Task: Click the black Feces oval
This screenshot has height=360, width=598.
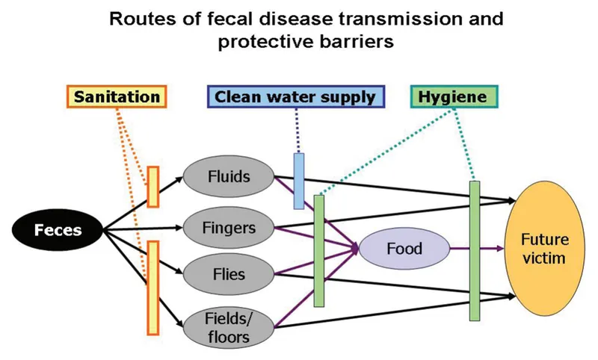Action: click(58, 229)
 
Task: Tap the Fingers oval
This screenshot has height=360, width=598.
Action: click(229, 226)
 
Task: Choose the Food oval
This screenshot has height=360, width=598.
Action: click(404, 249)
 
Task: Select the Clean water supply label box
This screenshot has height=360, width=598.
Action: click(296, 97)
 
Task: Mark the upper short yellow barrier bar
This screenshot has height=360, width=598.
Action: click(153, 187)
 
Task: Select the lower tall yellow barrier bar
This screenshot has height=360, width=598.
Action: click(153, 288)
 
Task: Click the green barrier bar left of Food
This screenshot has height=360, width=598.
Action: click(319, 250)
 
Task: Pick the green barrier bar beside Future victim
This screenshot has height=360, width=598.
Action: click(474, 250)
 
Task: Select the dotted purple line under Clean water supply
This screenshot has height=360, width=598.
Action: click(298, 131)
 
